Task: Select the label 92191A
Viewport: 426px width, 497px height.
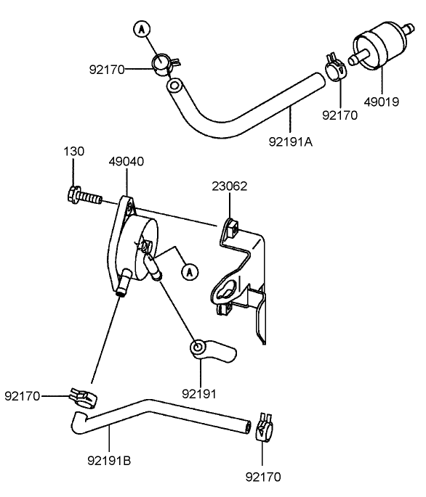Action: coord(292,142)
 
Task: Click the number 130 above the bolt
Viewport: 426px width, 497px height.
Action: coord(73,152)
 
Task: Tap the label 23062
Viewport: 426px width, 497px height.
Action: coord(230,186)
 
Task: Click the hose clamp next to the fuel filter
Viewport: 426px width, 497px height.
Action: coord(334,69)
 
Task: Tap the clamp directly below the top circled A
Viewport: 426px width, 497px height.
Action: coord(163,64)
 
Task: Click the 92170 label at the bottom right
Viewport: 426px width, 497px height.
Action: coord(262,477)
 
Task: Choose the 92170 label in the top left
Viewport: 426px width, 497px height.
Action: coord(107,70)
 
